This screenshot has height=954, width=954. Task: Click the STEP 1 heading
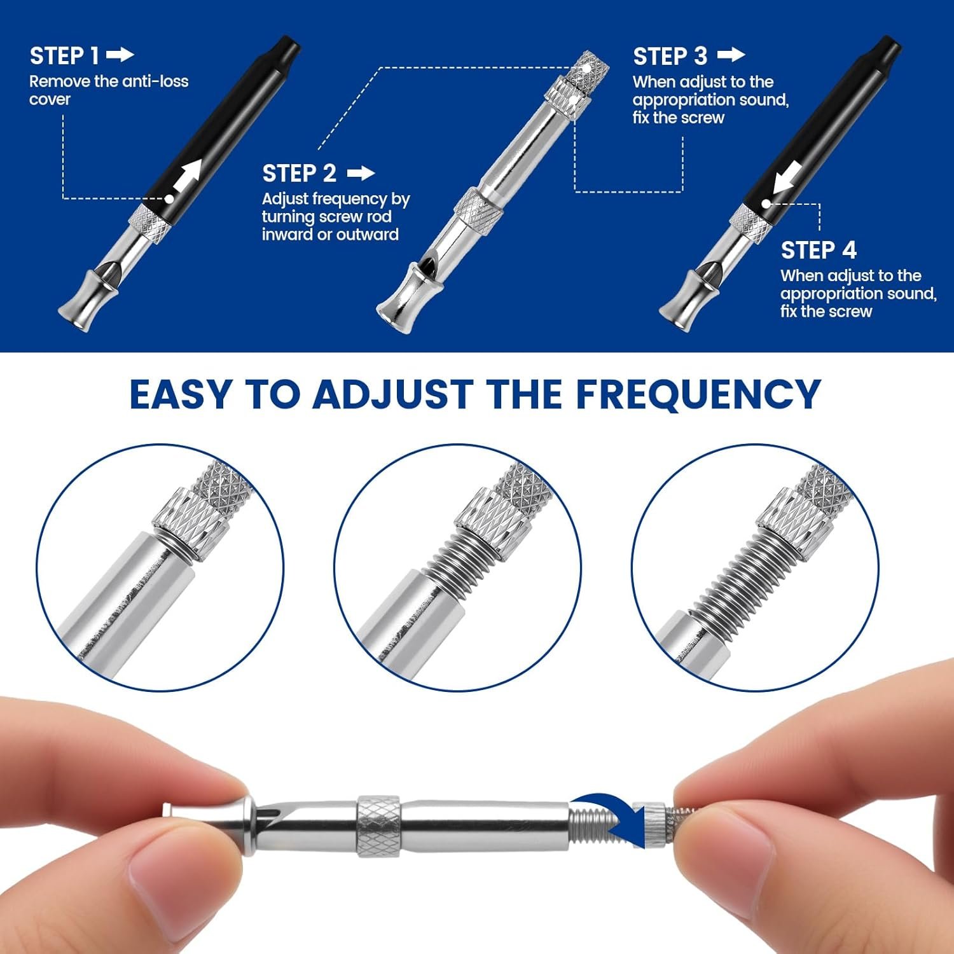pos(64,56)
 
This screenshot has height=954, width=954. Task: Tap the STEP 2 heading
pos(299,173)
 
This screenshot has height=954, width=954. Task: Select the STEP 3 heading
pos(670,57)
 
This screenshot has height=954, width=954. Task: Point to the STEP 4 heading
pos(819,250)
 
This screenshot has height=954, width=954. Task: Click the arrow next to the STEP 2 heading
pos(361,173)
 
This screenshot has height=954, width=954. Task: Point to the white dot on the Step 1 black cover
pos(169,198)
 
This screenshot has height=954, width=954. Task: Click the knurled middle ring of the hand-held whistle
pos(378,825)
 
